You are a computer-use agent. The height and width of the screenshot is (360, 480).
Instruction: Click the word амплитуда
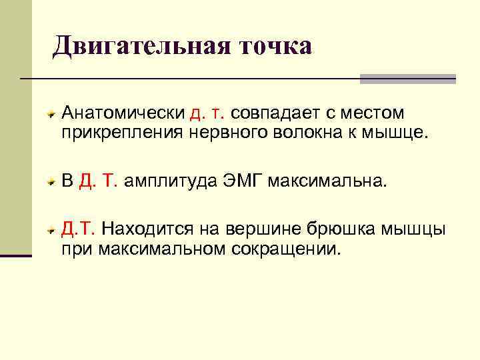(171, 181)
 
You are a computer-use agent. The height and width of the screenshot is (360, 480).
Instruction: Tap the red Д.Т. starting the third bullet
(79, 229)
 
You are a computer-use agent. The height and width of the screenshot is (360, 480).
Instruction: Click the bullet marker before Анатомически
(51, 115)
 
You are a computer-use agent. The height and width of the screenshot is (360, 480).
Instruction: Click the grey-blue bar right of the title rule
(407, 79)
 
